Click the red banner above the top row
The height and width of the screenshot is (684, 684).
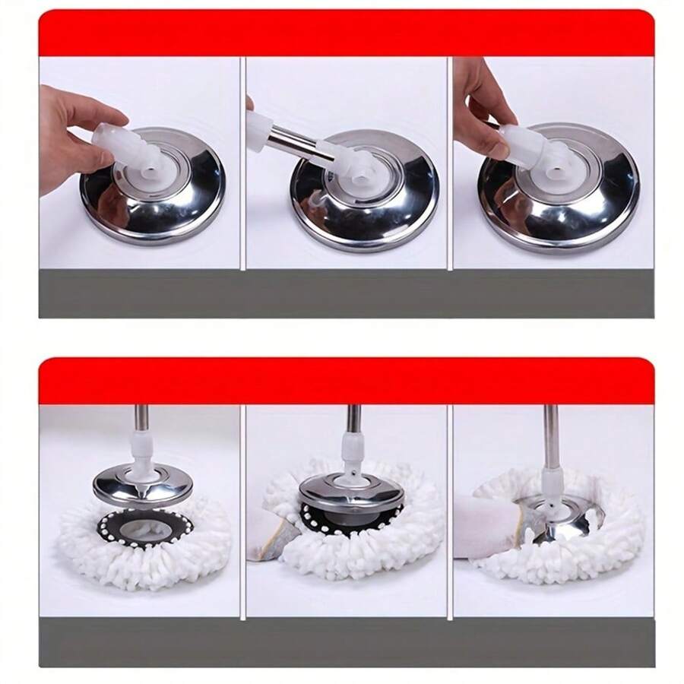346,34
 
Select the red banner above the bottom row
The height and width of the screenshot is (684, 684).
346,380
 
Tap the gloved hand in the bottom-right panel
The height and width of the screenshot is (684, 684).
490,524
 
